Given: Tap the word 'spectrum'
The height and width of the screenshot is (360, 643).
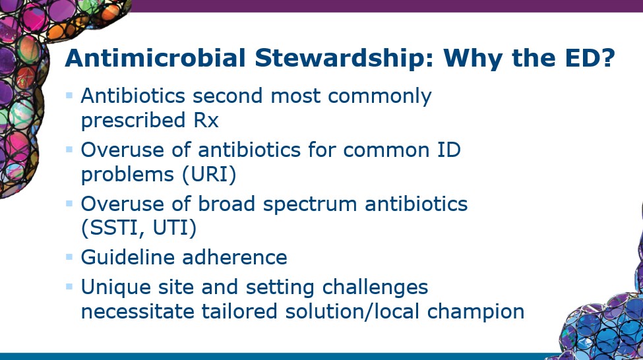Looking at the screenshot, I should [309, 204].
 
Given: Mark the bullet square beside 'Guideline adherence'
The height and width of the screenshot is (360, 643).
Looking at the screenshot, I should [69, 256].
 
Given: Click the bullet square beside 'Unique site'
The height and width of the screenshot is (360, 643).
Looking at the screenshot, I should [69, 286].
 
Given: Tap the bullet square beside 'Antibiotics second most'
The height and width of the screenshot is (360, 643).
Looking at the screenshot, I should [69, 96].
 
